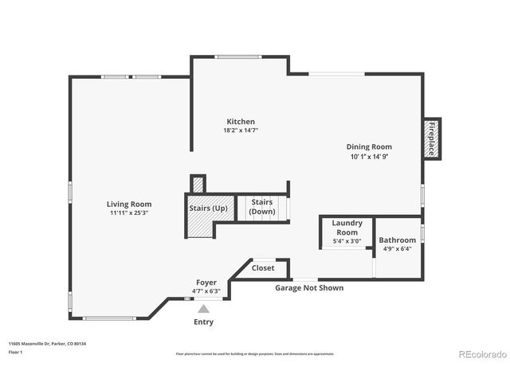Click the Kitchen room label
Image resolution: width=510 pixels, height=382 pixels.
pos(240,122)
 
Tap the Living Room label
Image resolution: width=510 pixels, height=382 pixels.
pos(130,205)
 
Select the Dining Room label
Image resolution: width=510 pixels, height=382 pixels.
pos(369,146)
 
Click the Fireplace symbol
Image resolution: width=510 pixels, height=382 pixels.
pos(431,138)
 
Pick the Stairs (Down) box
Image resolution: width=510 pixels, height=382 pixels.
pos(262,207)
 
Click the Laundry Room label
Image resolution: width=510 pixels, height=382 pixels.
pos(347,228)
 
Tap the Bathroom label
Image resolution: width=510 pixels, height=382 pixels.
pos(397,240)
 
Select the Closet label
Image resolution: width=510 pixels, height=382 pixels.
pos(263,268)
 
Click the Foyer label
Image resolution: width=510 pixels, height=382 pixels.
pos(206,283)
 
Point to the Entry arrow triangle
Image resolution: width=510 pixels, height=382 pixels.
pos(204,309)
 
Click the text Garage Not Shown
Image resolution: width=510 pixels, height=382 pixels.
pos(309,287)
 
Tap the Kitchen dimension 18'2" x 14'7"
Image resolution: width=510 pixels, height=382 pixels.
pos(240,131)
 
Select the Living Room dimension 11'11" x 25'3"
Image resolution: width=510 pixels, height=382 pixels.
pos(130,213)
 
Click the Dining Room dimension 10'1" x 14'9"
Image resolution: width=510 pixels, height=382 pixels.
pos(369,156)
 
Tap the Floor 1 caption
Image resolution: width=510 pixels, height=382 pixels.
pos(15,352)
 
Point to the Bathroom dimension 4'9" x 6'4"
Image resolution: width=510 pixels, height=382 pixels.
pos(397,248)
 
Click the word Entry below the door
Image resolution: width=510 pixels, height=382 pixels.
pos(204,322)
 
